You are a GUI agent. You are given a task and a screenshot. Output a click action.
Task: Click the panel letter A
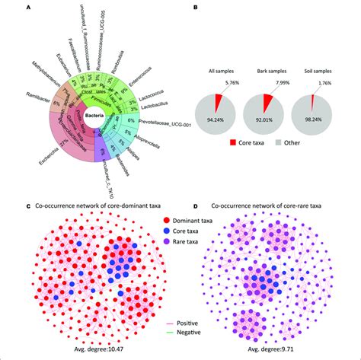click(x=29, y=7)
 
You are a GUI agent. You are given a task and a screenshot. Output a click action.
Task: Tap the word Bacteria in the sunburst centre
click(x=95, y=114)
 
